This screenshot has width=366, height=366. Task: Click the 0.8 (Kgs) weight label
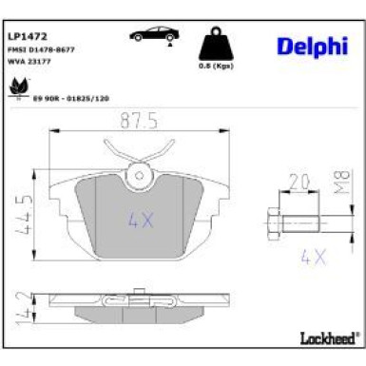tap(218, 67)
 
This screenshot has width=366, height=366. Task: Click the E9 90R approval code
tap(72, 97)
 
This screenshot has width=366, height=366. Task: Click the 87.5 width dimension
tap(140, 121)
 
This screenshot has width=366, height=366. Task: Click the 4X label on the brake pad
tap(140, 221)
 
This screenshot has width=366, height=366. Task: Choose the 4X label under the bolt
tap(313, 256)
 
